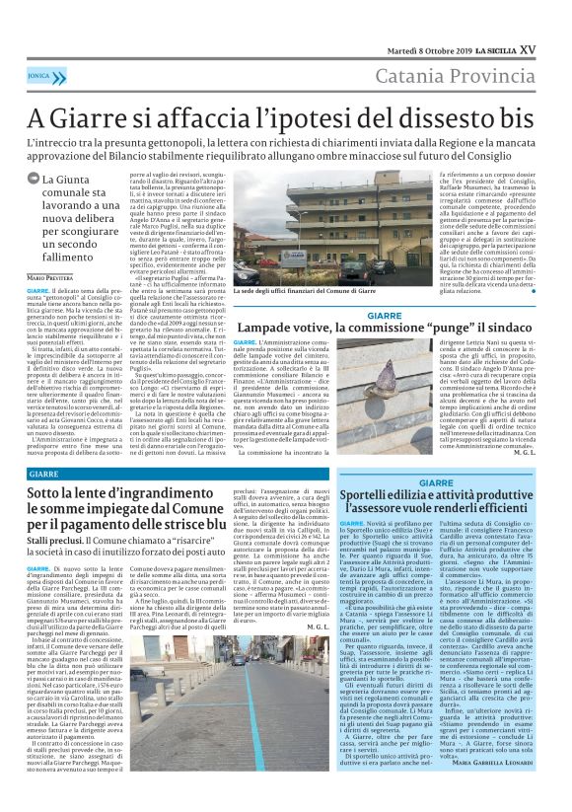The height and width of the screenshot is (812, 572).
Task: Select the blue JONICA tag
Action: [40, 74]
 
